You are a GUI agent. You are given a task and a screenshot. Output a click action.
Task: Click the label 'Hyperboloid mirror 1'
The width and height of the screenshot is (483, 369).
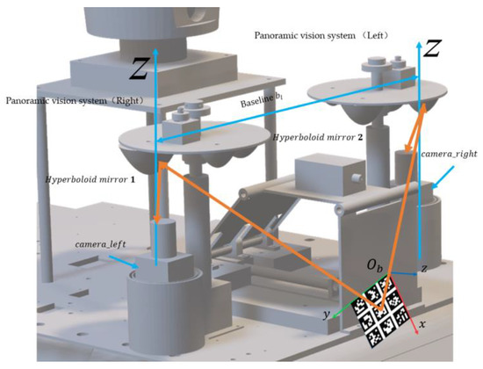coord(83,179)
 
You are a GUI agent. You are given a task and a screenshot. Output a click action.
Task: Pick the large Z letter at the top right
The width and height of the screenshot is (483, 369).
coord(431,52)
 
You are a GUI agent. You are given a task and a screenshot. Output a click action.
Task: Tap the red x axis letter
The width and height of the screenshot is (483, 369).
coord(423,324)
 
